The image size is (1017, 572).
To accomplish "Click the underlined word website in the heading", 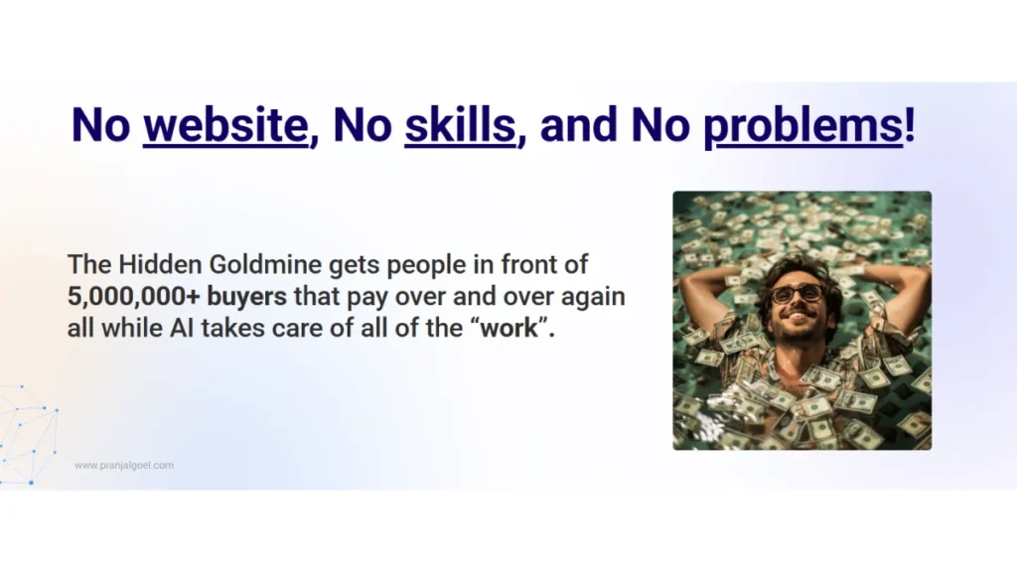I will click(x=225, y=126).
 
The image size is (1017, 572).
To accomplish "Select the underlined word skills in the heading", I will click(x=460, y=126).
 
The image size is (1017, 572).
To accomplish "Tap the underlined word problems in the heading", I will click(x=802, y=126).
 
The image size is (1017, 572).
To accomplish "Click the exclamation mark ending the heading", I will click(x=910, y=126).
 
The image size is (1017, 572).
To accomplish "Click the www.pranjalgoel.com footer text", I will click(x=124, y=465).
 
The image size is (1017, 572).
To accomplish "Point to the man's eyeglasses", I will click(x=797, y=293).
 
